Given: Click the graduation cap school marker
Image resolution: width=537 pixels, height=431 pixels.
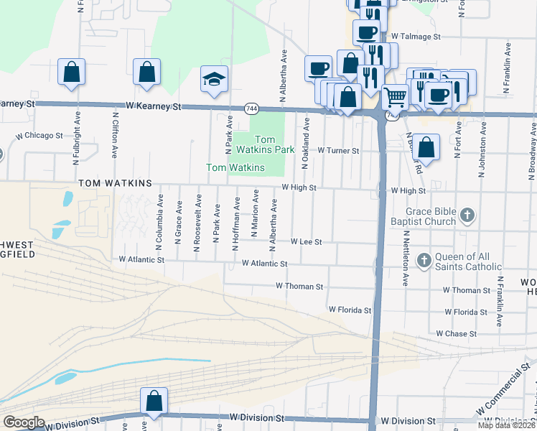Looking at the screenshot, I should (214, 79).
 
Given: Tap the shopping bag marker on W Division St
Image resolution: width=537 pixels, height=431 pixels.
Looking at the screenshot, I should (154, 401).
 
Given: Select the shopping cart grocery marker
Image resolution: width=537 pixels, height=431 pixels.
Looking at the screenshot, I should (394, 96).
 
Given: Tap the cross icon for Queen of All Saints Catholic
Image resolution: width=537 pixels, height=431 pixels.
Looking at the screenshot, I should (424, 259).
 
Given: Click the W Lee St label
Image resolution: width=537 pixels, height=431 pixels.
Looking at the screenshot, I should (306, 243).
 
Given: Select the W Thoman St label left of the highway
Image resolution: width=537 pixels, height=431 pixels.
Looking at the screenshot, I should (299, 286).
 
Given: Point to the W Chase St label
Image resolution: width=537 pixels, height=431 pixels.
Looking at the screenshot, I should (456, 334).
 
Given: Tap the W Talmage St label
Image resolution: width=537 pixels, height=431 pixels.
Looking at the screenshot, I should (415, 36).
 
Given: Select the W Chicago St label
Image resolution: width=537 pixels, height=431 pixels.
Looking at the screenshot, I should (40, 135).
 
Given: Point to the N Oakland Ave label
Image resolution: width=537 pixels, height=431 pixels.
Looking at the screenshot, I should (306, 141).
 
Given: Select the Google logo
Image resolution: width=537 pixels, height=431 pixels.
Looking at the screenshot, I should (24, 422).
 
